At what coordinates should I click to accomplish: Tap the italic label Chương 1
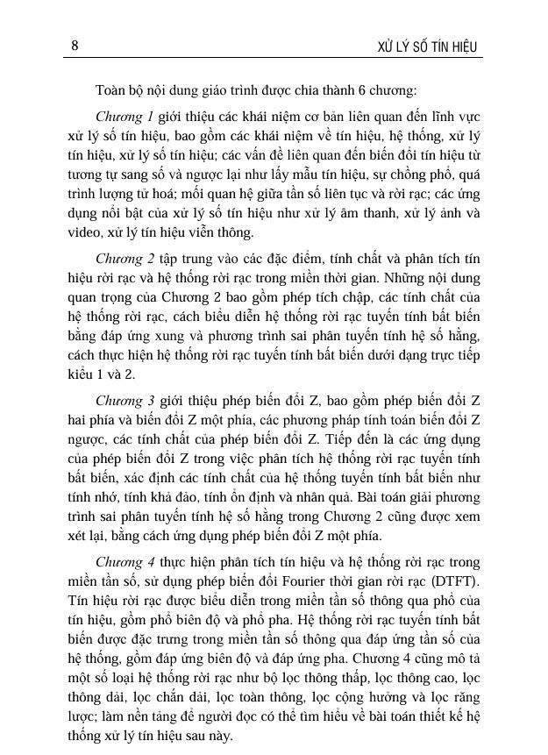[125, 116]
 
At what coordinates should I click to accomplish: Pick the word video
[83, 232]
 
